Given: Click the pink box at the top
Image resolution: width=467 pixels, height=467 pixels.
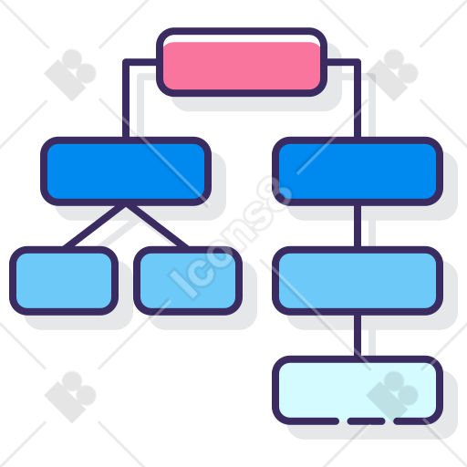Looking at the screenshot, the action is tap(242, 62).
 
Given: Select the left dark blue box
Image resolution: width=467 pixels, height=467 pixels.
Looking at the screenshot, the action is tap(126, 171).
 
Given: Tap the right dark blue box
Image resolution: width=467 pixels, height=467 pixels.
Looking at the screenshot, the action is tap(358, 171).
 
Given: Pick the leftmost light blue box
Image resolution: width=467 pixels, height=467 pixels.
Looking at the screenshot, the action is tap(64, 281).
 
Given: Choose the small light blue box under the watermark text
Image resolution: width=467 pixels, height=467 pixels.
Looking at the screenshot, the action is tap(188, 281).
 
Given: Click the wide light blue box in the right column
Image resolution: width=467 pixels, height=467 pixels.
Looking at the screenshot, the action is tap(358, 281).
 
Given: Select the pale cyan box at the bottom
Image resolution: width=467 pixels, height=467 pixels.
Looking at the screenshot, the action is tap(358, 390).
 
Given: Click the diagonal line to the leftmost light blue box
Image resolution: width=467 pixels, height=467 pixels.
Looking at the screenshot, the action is tap(94, 227).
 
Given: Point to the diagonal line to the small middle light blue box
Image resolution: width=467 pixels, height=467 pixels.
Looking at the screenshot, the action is tap(158, 227).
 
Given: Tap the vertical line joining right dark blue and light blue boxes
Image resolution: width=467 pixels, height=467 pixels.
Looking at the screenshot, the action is tap(358, 226).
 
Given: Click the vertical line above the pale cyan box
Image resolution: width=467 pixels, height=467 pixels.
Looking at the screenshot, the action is tap(358, 336).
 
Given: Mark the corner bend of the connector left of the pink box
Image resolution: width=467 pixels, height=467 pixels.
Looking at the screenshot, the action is tap(126, 62).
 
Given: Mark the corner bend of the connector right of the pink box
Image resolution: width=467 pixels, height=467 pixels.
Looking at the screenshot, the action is tap(358, 62).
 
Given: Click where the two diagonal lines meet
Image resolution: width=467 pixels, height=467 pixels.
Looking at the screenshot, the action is tap(126, 207).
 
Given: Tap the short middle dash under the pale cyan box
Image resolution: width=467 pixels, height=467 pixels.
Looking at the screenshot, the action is tap(366, 421).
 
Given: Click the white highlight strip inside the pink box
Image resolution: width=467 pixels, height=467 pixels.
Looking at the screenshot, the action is tap(242, 38).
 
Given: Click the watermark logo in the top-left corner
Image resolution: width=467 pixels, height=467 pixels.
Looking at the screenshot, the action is tap(70, 75).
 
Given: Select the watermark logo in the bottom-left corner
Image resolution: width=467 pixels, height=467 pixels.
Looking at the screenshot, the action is tap(70, 397).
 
